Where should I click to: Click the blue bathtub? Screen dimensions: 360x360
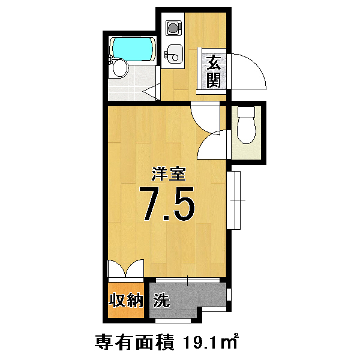(132, 49)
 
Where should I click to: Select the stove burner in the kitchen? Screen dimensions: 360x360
(174, 28)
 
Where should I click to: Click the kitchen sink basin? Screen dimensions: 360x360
(174, 54)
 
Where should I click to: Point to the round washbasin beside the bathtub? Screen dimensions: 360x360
(121, 68)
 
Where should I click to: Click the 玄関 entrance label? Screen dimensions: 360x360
(214, 71)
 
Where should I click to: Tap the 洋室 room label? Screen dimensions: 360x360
(169, 175)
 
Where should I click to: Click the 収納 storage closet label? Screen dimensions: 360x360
(126, 300)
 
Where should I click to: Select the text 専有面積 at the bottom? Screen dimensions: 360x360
(134, 343)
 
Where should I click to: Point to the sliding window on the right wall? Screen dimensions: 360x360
(234, 200)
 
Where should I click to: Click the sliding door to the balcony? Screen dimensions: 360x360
(188, 280)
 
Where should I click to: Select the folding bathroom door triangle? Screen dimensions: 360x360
(151, 92)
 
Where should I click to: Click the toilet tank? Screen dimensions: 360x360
(247, 112)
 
